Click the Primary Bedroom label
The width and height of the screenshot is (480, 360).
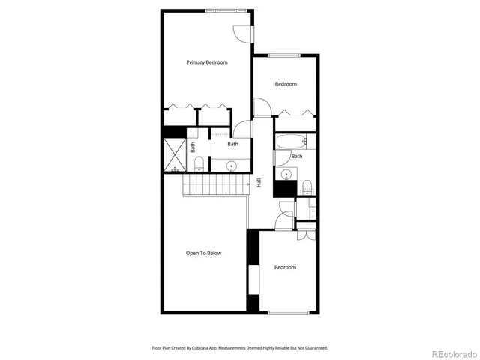point(207,62)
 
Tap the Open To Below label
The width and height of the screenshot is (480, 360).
point(204,253)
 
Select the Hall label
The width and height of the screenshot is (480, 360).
point(259,182)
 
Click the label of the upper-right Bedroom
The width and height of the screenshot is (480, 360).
point(286,84)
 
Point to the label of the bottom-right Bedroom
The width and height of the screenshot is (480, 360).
point(285,267)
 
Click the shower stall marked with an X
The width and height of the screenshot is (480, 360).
point(174,155)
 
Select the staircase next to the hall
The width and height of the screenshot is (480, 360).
point(216,184)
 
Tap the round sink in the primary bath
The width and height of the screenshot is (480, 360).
point(232,165)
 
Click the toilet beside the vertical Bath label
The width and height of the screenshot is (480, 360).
point(199,163)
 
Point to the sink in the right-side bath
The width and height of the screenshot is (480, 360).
point(286,174)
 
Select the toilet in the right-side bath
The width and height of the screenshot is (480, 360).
point(307,185)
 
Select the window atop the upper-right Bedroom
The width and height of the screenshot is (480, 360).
point(285,55)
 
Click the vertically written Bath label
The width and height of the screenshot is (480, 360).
point(193,148)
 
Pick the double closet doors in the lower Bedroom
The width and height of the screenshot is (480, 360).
point(305,233)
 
